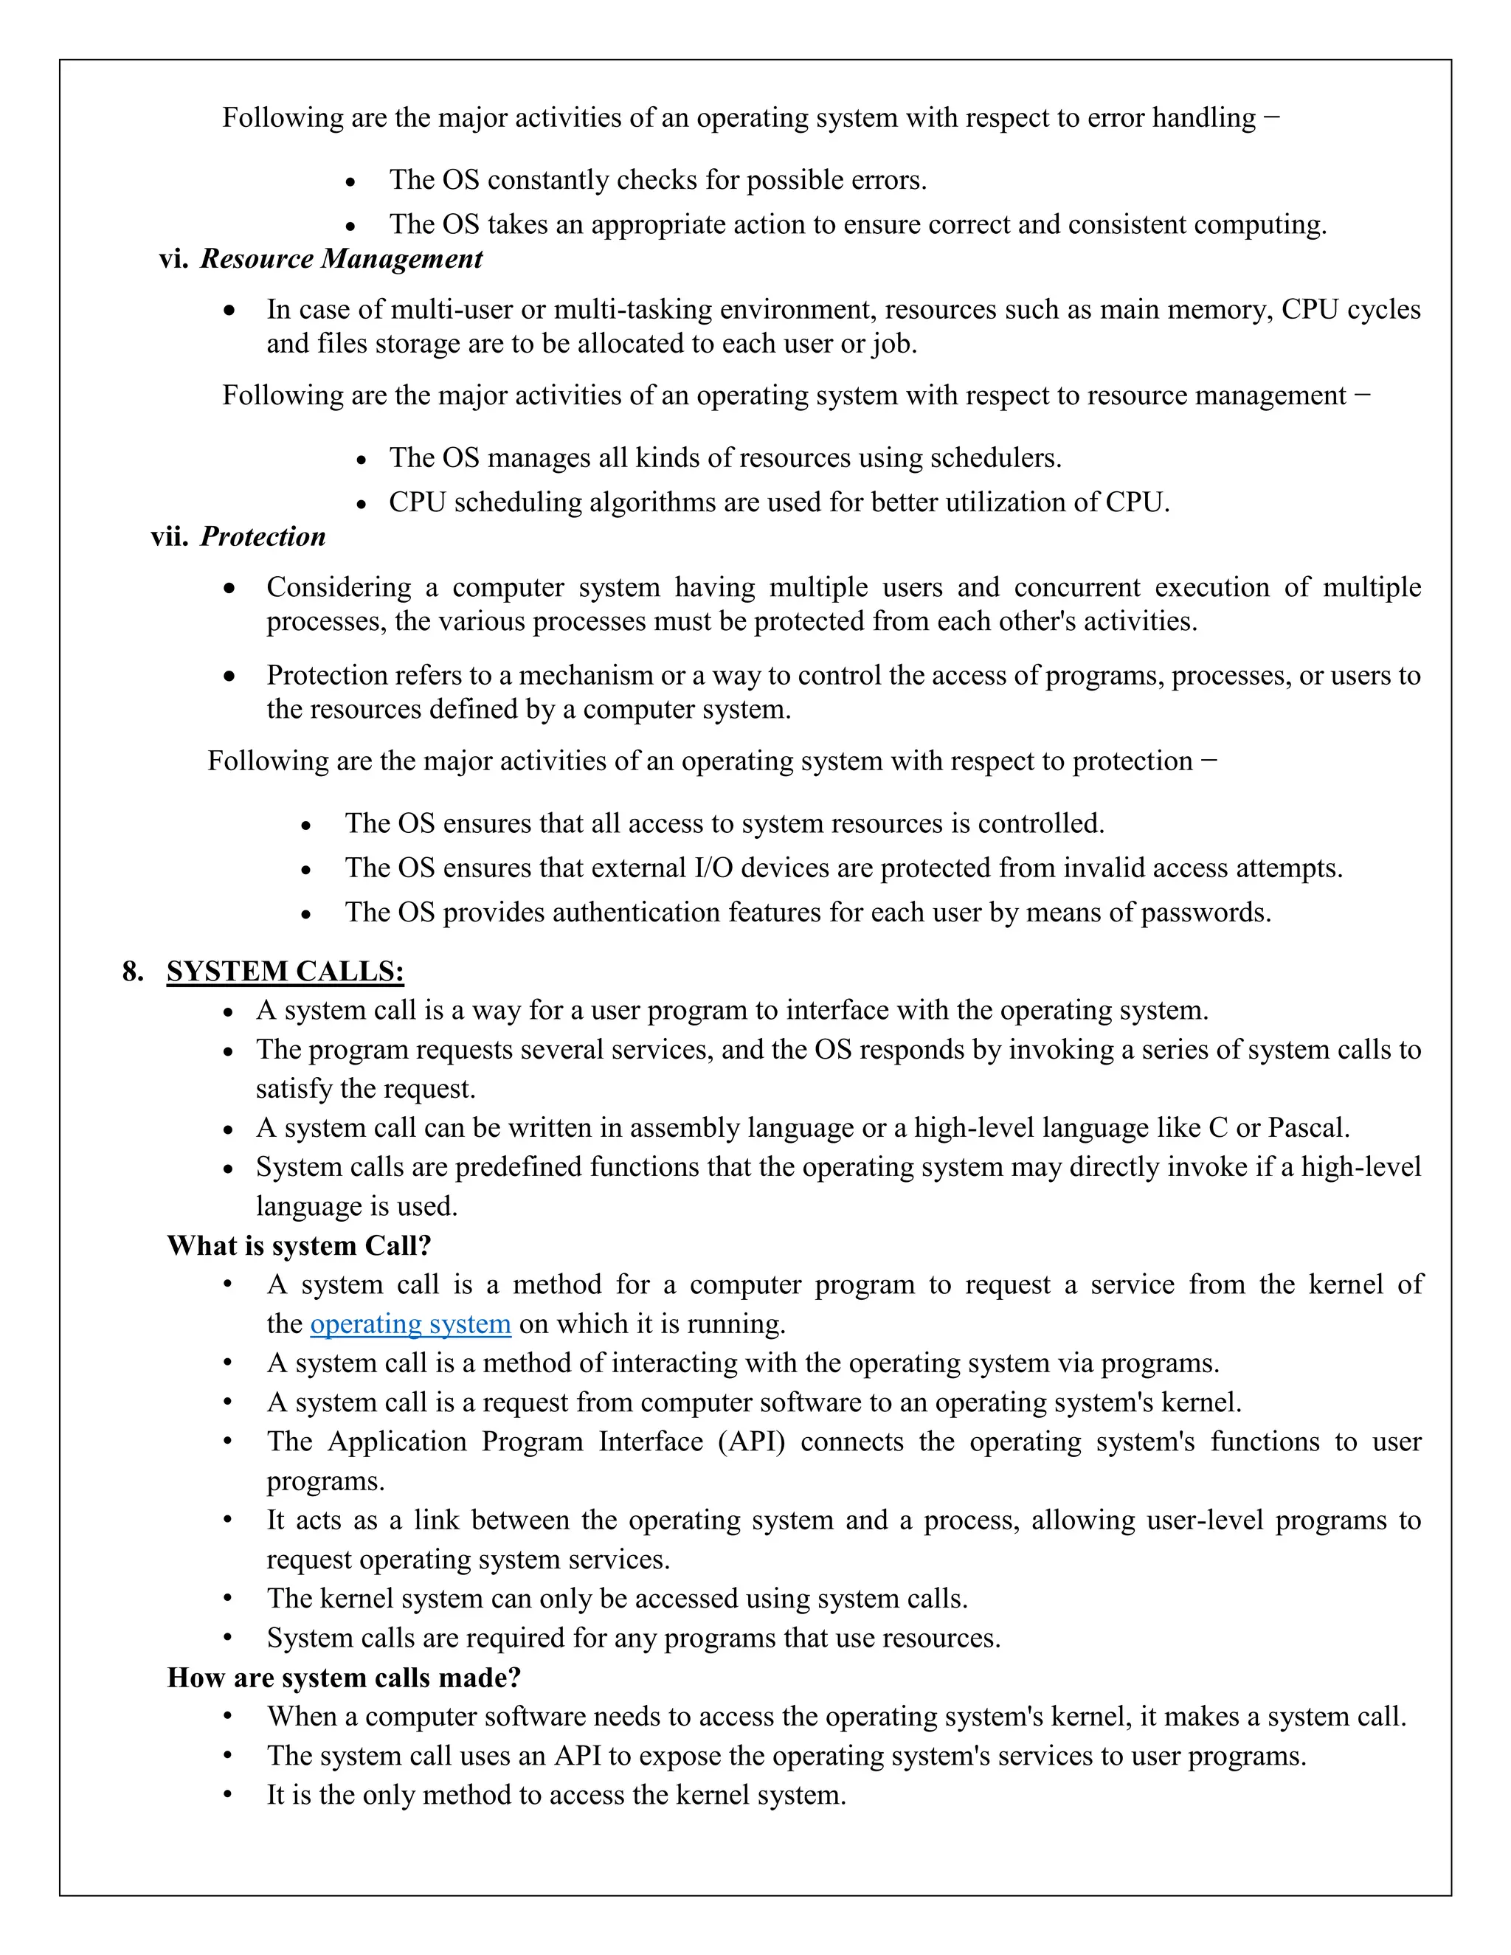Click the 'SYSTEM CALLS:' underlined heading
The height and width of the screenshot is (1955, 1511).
point(285,972)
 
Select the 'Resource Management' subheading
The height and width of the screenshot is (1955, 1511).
point(341,259)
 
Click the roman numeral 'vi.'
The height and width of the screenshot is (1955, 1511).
point(173,259)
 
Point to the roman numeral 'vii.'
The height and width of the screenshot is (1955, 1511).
point(169,536)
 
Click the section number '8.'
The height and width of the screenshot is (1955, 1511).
point(134,972)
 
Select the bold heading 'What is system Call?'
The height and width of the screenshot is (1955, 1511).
point(299,1245)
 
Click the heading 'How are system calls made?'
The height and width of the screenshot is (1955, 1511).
point(344,1678)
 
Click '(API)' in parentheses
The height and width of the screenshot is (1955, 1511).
point(751,1442)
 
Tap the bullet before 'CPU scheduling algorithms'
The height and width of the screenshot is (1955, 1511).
point(362,505)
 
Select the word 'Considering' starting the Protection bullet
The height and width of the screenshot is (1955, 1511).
point(339,587)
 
